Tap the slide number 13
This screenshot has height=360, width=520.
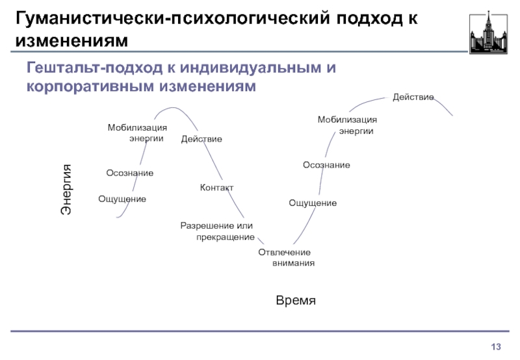tap(497, 344)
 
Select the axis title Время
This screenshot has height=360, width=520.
tap(296, 300)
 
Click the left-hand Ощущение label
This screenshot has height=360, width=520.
tap(122, 198)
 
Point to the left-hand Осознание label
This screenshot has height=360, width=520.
tap(130, 173)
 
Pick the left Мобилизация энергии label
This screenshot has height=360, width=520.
tap(137, 133)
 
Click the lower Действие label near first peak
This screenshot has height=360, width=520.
tap(201, 139)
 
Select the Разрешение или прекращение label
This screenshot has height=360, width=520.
tap(217, 231)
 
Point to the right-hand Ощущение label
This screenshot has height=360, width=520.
tap(313, 203)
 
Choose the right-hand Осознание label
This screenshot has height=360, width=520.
tap(326, 166)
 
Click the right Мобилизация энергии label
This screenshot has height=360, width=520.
tap(347, 125)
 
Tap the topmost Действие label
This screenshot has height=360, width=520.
tap(413, 97)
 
